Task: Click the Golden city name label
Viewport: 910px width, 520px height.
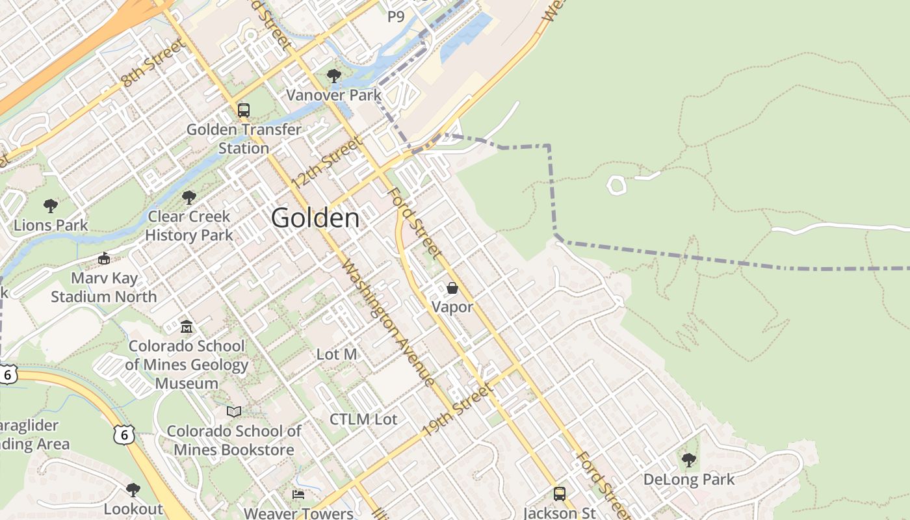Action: [x=315, y=218]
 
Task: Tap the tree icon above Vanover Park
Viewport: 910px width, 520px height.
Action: [x=334, y=76]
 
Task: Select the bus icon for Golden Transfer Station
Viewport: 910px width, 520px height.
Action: [x=244, y=110]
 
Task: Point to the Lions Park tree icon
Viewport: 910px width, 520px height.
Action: [x=51, y=207]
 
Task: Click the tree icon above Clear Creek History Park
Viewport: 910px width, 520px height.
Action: [x=189, y=197]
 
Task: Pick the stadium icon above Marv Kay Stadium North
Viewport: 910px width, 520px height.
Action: [x=104, y=259]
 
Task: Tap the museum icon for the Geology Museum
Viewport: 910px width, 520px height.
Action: [x=187, y=326]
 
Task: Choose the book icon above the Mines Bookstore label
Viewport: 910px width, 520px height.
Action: [x=234, y=411]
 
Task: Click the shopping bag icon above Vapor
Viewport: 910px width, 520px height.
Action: [x=452, y=288]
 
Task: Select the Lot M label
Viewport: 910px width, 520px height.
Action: [x=337, y=355]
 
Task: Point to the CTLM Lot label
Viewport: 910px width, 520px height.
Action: [x=363, y=420]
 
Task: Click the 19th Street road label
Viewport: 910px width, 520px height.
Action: [x=457, y=410]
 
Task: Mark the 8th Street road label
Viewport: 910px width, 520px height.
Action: [x=153, y=63]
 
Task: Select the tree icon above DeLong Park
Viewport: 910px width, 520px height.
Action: [x=689, y=461]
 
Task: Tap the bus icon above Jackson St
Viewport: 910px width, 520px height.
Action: [x=560, y=494]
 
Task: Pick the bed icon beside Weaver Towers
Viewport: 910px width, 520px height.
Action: [x=298, y=495]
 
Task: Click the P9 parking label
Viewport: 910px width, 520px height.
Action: [x=396, y=17]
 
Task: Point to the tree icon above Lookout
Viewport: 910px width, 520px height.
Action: [x=133, y=489]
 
